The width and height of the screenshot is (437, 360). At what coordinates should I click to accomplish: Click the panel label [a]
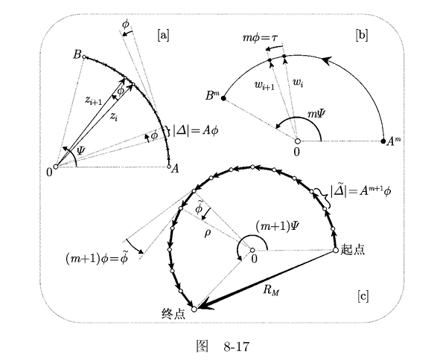[163, 36]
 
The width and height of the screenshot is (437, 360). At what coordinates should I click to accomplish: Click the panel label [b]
[362, 36]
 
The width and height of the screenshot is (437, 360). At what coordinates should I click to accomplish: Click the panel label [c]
[363, 296]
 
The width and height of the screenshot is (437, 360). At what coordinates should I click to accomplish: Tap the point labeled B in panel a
[84, 57]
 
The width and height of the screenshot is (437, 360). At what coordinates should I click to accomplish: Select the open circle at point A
[168, 167]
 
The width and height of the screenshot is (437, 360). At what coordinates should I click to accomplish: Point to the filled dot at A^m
[383, 141]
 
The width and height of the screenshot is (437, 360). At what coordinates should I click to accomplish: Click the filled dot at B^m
[223, 98]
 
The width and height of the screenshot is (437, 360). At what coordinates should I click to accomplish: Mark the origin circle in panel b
[297, 141]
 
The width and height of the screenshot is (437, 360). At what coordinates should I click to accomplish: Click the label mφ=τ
[260, 38]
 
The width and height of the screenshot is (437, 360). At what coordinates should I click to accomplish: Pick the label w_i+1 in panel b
[264, 85]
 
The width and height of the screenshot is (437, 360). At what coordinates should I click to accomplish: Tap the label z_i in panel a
[113, 116]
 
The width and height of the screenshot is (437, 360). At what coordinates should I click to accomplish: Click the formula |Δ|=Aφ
[195, 130]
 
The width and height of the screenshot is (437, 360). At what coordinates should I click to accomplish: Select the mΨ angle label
[316, 114]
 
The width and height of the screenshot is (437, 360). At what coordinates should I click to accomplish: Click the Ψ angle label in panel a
[81, 151]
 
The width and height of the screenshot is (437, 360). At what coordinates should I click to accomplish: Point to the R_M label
[271, 290]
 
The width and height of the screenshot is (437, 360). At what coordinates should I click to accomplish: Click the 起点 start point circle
[336, 251]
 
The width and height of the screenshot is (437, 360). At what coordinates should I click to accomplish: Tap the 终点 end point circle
[194, 309]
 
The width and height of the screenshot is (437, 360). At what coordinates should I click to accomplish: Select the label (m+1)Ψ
[277, 226]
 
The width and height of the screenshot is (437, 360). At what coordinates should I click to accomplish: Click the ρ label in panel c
[208, 234]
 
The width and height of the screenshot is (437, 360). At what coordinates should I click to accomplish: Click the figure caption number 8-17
[236, 347]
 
